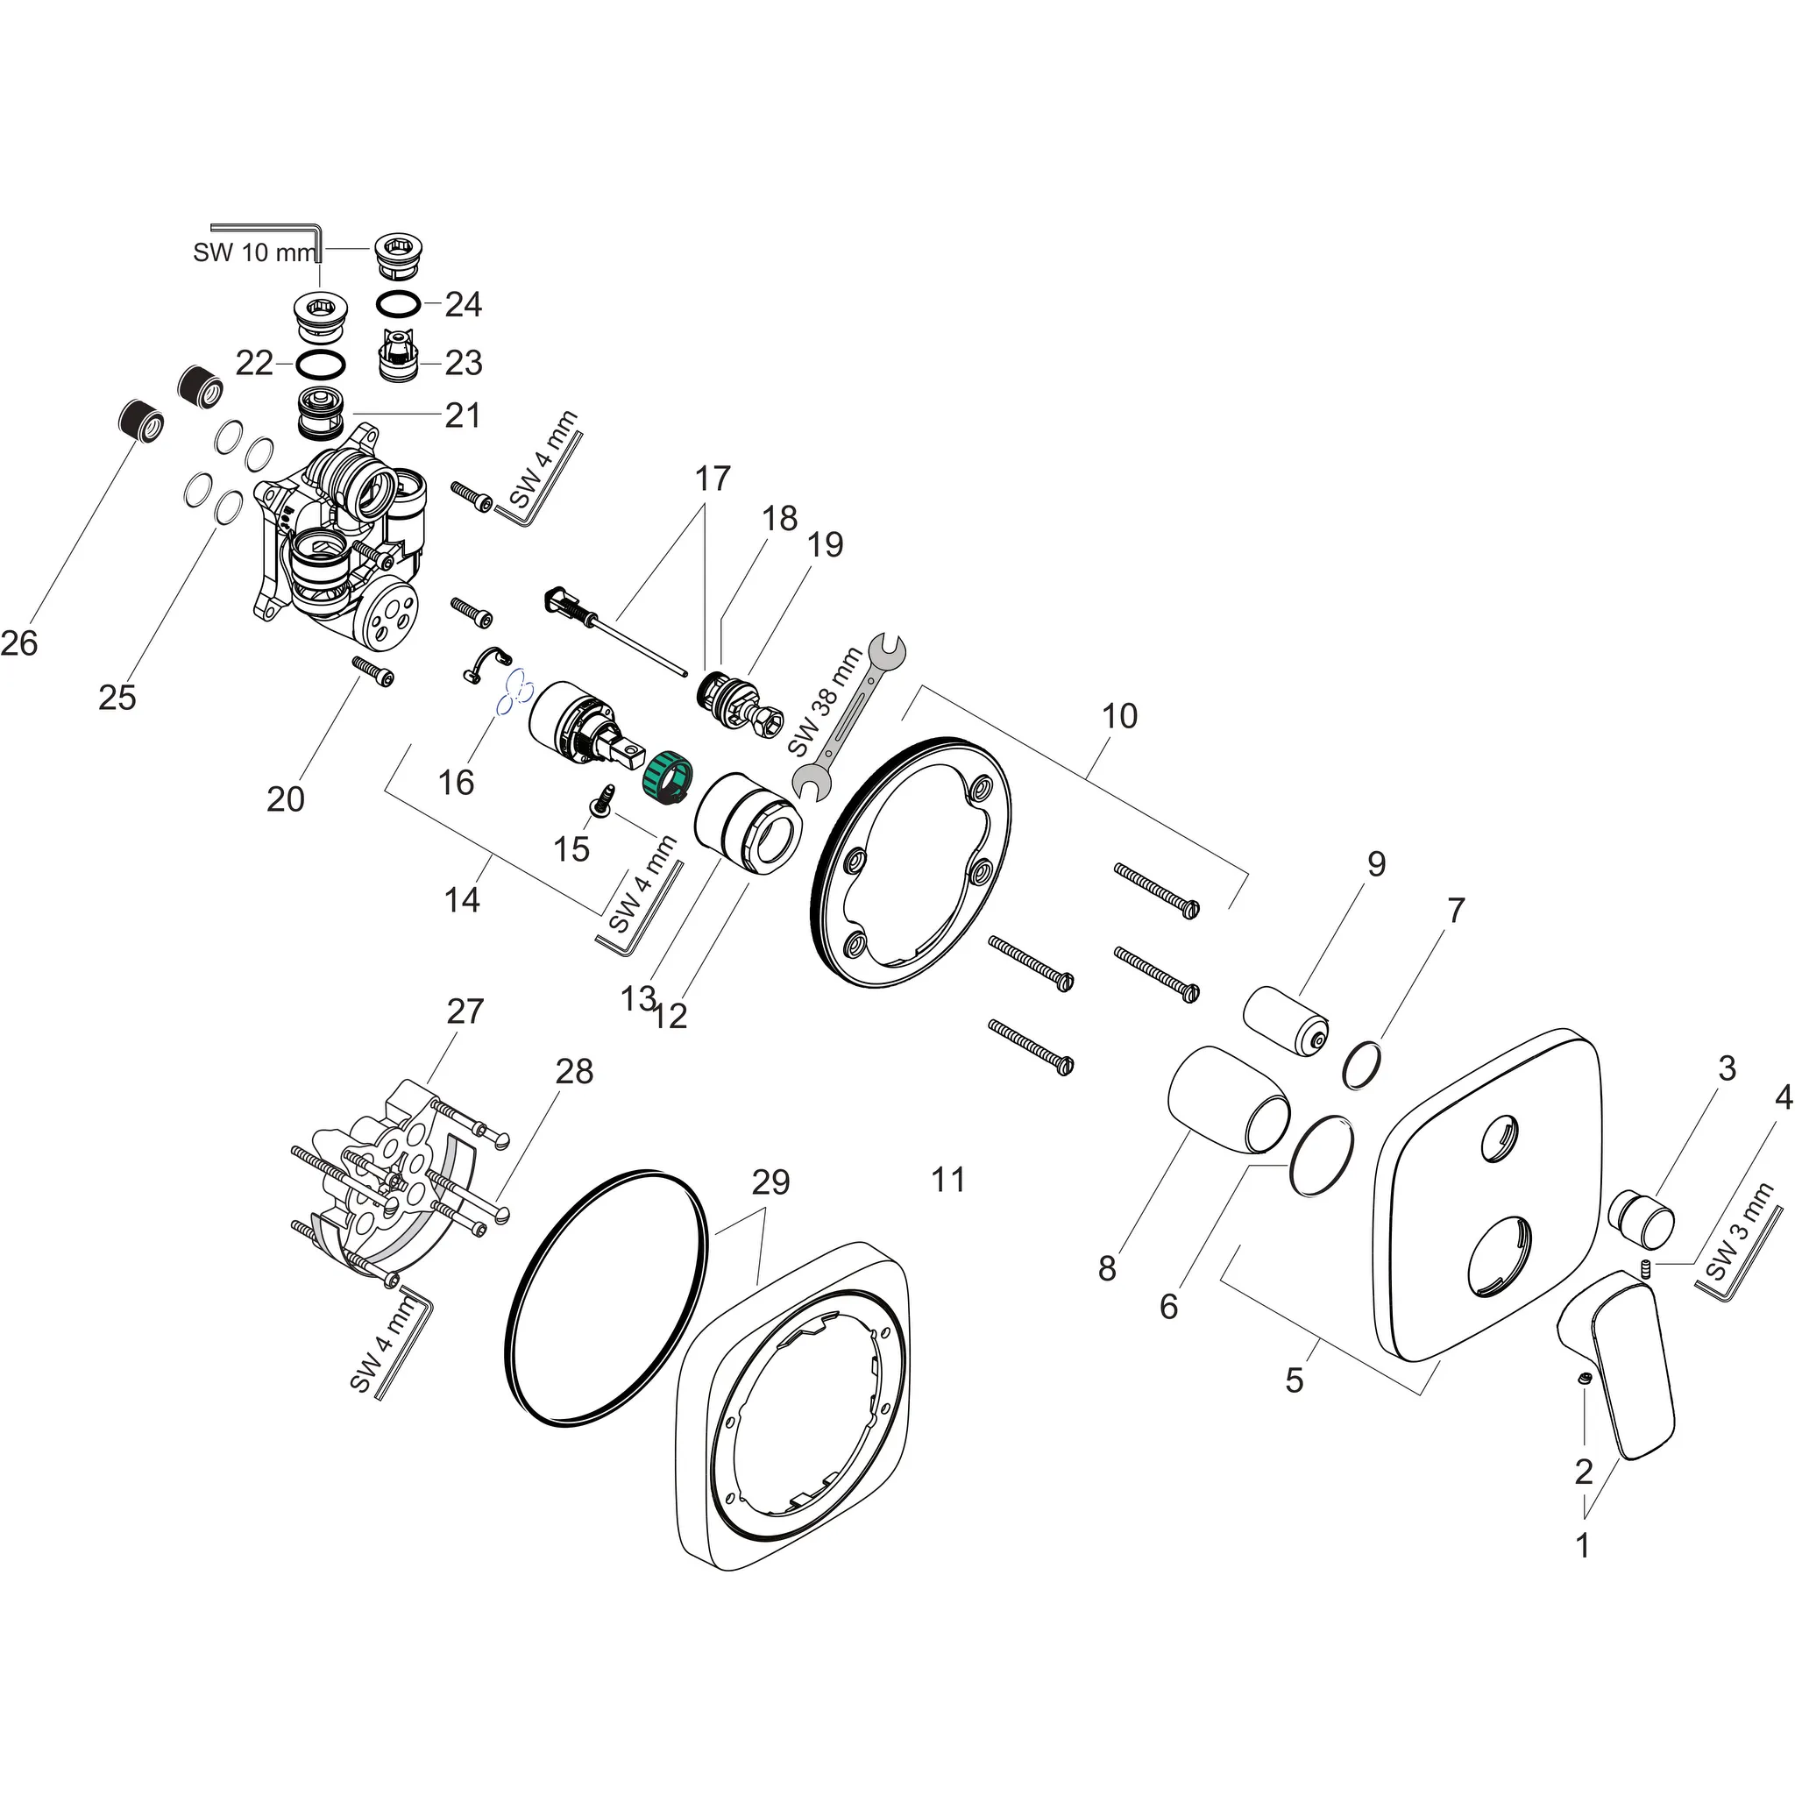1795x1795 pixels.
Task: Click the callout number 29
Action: coord(770,1181)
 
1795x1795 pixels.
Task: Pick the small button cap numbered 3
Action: coord(1642,1220)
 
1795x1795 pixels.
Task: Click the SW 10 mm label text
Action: coord(253,252)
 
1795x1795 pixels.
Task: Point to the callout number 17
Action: coord(713,479)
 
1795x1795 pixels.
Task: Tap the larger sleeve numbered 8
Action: coord(1226,1097)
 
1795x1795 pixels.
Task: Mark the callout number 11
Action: coord(947,1180)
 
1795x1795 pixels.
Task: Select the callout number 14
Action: coord(462,899)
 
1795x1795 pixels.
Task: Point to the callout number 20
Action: coord(285,799)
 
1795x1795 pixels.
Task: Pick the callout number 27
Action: coord(465,1011)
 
